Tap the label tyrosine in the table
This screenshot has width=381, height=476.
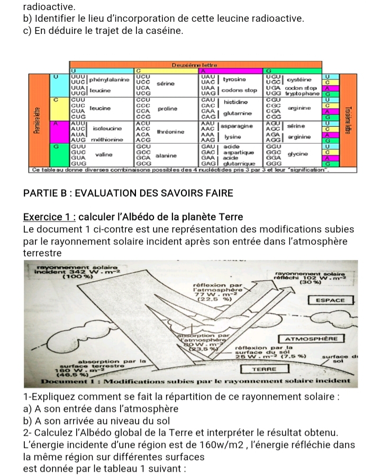click(234, 79)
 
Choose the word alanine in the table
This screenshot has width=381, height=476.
click(166, 156)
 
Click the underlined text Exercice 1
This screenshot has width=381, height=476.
click(49, 217)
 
